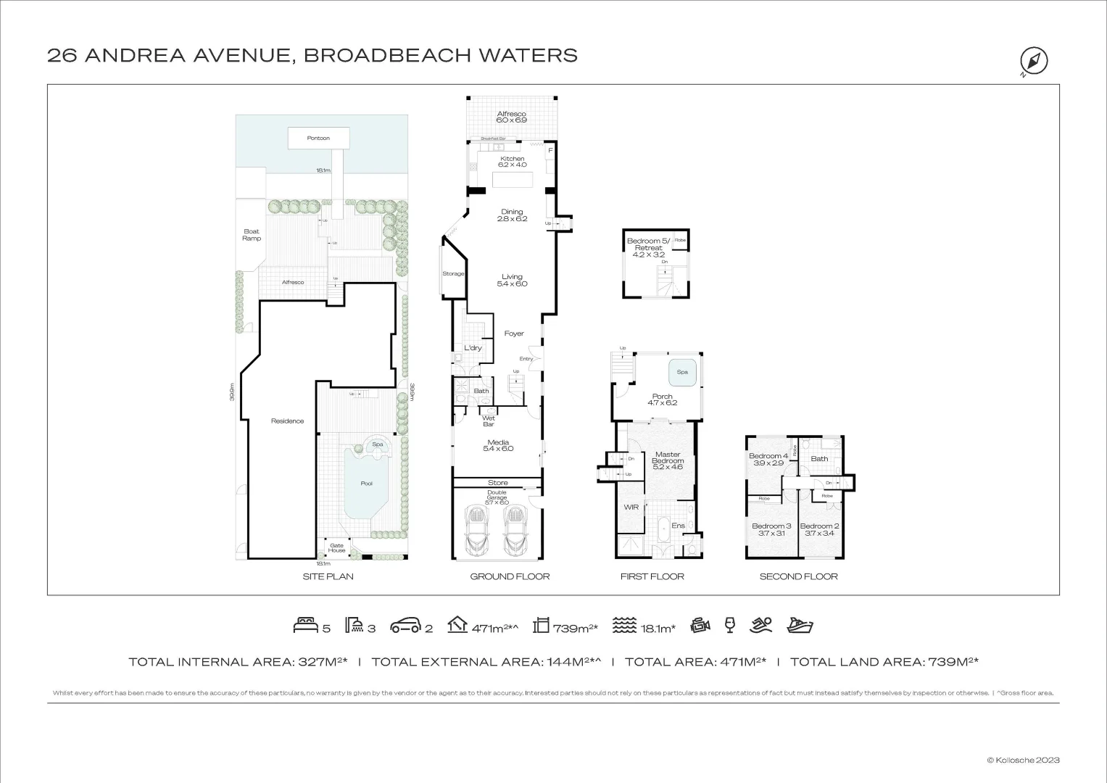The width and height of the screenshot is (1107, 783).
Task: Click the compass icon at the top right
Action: click(1034, 60)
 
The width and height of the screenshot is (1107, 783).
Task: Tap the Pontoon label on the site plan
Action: click(318, 138)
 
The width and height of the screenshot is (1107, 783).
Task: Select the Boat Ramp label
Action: click(252, 235)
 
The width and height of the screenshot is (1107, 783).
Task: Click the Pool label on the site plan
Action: click(367, 484)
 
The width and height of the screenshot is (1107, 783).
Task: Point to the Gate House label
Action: click(336, 548)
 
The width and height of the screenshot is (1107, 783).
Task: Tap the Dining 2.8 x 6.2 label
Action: click(512, 215)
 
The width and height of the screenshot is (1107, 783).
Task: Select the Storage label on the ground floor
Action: click(453, 274)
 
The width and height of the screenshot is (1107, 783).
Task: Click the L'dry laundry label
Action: click(473, 348)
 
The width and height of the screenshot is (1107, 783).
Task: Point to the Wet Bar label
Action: click(489, 421)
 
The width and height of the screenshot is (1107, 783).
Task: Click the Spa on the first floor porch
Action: click(682, 372)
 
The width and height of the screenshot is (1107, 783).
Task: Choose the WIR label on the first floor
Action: click(631, 507)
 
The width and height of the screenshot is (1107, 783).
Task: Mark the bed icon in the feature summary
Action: click(304, 625)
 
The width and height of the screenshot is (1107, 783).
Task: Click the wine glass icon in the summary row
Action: click(729, 625)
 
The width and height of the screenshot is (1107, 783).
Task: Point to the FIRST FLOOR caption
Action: click(652, 576)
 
